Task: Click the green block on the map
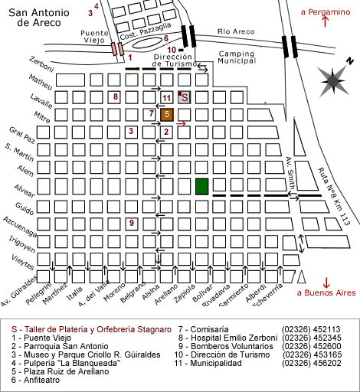point(202,187)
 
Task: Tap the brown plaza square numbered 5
point(167,115)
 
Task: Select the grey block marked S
point(184,97)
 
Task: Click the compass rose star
point(334,80)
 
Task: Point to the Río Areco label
point(236,31)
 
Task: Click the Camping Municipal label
point(237,57)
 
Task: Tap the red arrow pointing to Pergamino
point(326,21)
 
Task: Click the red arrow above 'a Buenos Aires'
point(326,283)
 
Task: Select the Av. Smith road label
point(290,173)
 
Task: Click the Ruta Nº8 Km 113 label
point(333,197)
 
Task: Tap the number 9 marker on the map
point(132,223)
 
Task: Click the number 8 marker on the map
point(116,96)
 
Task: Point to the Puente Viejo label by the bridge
point(94,37)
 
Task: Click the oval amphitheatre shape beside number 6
point(147,43)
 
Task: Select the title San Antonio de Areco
point(39,18)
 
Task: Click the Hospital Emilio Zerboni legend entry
point(227,338)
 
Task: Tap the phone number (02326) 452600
point(312,346)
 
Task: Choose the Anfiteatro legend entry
point(35,380)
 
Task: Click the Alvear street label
point(25,191)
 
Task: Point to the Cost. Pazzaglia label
point(146,31)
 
